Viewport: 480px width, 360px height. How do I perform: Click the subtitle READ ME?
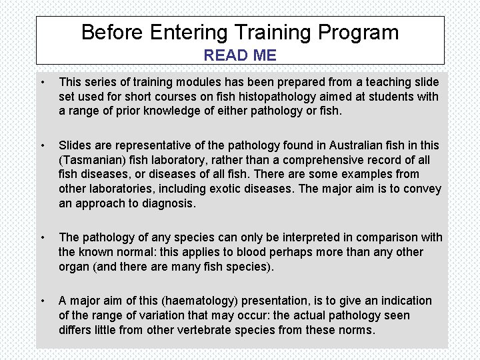(x=239, y=55)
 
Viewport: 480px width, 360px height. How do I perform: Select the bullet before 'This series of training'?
(x=43, y=83)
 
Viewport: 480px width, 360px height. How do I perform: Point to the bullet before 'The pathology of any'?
(x=43, y=237)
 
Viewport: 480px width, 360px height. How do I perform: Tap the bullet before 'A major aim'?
(x=43, y=301)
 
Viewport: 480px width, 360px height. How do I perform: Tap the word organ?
(x=74, y=267)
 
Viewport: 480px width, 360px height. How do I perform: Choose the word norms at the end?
(x=357, y=330)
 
